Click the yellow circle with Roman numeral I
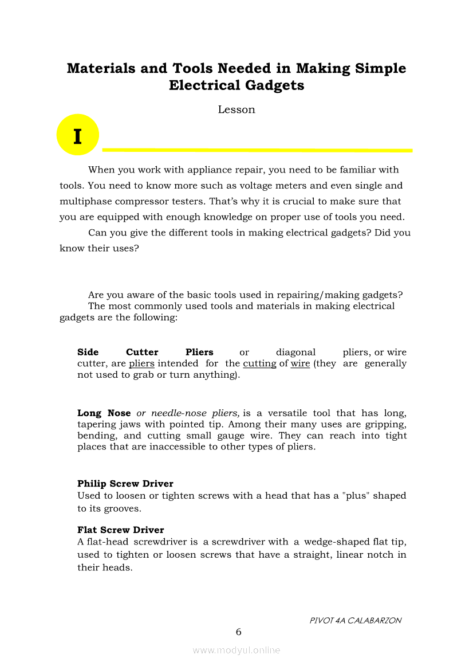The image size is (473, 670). click(78, 135)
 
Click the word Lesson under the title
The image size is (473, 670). click(236, 109)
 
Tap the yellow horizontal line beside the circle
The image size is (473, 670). click(257, 150)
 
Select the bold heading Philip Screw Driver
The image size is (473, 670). click(125, 484)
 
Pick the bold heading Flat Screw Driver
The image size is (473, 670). click(121, 530)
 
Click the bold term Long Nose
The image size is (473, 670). click(104, 413)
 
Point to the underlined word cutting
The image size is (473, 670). click(259, 363)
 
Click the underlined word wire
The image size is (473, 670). click(300, 363)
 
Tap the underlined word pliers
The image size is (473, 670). click(141, 363)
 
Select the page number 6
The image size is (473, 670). click(238, 632)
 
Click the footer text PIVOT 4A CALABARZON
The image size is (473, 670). click(355, 620)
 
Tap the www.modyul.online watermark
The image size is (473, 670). click(236, 651)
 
